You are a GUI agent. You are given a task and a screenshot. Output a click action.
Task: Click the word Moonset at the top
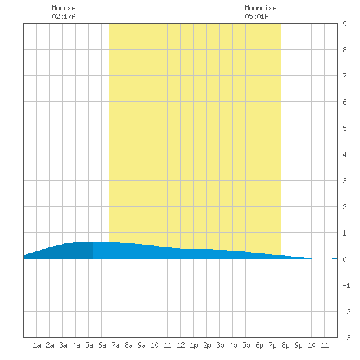[65, 8]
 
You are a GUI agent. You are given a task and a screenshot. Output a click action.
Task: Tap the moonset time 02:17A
[63, 16]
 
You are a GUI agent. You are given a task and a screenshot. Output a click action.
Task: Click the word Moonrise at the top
[261, 8]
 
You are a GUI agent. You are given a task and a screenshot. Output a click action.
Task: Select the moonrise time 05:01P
[257, 16]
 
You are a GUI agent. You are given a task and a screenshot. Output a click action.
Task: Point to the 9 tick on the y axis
[344, 24]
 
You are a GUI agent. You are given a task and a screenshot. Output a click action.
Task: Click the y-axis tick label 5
[344, 128]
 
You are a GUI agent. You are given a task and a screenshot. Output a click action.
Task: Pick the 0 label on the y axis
[344, 259]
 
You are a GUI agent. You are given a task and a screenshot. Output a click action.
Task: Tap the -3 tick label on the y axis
[346, 338]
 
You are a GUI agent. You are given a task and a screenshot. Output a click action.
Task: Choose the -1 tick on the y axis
[346, 285]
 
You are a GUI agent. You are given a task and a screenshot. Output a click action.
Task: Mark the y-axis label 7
[344, 76]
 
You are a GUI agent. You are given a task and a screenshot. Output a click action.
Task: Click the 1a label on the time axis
[37, 345]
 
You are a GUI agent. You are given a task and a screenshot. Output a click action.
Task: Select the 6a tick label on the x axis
[102, 345]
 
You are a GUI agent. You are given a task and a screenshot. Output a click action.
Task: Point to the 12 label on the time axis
[181, 345]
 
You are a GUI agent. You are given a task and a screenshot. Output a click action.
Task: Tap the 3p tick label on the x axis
[220, 345]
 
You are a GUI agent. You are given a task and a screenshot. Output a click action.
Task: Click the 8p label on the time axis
[285, 345]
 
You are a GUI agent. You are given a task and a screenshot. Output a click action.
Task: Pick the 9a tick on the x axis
[141, 345]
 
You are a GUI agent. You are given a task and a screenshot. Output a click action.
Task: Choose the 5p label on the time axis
[246, 345]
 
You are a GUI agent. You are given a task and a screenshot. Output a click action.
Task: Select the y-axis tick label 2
[344, 207]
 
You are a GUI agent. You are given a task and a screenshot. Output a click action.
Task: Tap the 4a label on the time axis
[76, 345]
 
